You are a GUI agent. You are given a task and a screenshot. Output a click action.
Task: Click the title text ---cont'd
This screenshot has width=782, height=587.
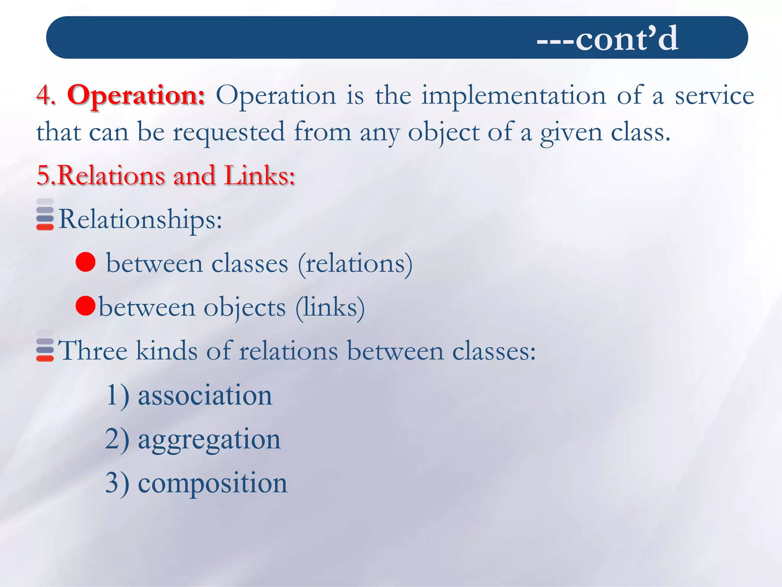[607, 39]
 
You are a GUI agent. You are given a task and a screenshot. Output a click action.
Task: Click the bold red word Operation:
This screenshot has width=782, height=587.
[136, 95]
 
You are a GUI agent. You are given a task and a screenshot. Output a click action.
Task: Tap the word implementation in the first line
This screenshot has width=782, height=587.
[514, 95]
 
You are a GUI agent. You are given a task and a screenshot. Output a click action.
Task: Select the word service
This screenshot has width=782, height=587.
[714, 96]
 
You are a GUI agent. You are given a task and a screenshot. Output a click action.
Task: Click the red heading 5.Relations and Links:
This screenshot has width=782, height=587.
[166, 175]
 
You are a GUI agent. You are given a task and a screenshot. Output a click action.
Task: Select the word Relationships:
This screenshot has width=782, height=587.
[140, 220]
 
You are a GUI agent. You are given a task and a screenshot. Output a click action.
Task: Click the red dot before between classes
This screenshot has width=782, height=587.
[86, 262]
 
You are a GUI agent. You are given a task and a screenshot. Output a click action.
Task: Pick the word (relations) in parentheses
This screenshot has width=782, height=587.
[355, 264]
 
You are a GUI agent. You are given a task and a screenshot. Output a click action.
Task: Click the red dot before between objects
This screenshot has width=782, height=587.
[86, 306]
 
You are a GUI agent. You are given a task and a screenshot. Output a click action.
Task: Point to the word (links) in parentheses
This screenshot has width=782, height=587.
[330, 308]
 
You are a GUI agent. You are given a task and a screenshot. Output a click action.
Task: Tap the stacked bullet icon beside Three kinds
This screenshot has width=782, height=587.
[45, 346]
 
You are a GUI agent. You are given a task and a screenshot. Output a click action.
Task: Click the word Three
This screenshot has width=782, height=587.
[92, 350]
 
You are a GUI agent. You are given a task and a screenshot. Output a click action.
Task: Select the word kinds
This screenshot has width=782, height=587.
[167, 350]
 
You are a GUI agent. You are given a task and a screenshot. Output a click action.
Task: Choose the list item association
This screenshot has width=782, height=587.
[205, 395]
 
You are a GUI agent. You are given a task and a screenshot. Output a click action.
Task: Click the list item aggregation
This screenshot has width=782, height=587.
[209, 439]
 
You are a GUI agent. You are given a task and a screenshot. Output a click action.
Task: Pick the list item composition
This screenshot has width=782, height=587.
[212, 483]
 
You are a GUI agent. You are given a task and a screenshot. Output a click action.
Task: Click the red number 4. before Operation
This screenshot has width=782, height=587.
[46, 95]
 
